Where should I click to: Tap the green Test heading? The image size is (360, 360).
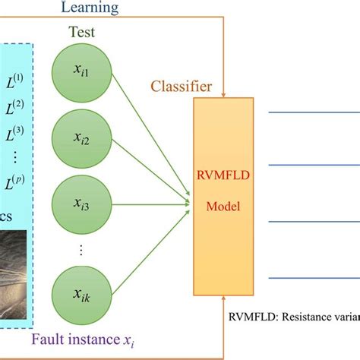click(x=82, y=33)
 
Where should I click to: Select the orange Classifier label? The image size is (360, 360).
click(x=182, y=86)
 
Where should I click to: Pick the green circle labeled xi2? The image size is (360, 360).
click(x=82, y=137)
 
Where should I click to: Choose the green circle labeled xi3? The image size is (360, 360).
click(x=82, y=204)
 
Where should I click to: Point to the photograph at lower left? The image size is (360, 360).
click(x=15, y=270)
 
